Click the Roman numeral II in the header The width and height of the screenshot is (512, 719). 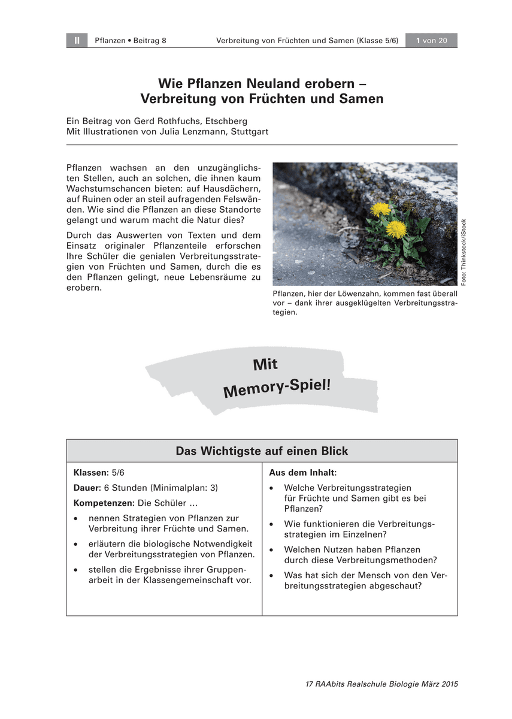point(77,41)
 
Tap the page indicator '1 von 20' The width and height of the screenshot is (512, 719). point(431,41)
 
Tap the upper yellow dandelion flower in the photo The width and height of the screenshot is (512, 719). point(380,209)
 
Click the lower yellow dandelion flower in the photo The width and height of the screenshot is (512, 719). point(396,228)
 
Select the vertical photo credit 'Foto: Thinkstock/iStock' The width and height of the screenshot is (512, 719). point(463,252)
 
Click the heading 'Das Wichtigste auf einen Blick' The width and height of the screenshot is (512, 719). point(262,451)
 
